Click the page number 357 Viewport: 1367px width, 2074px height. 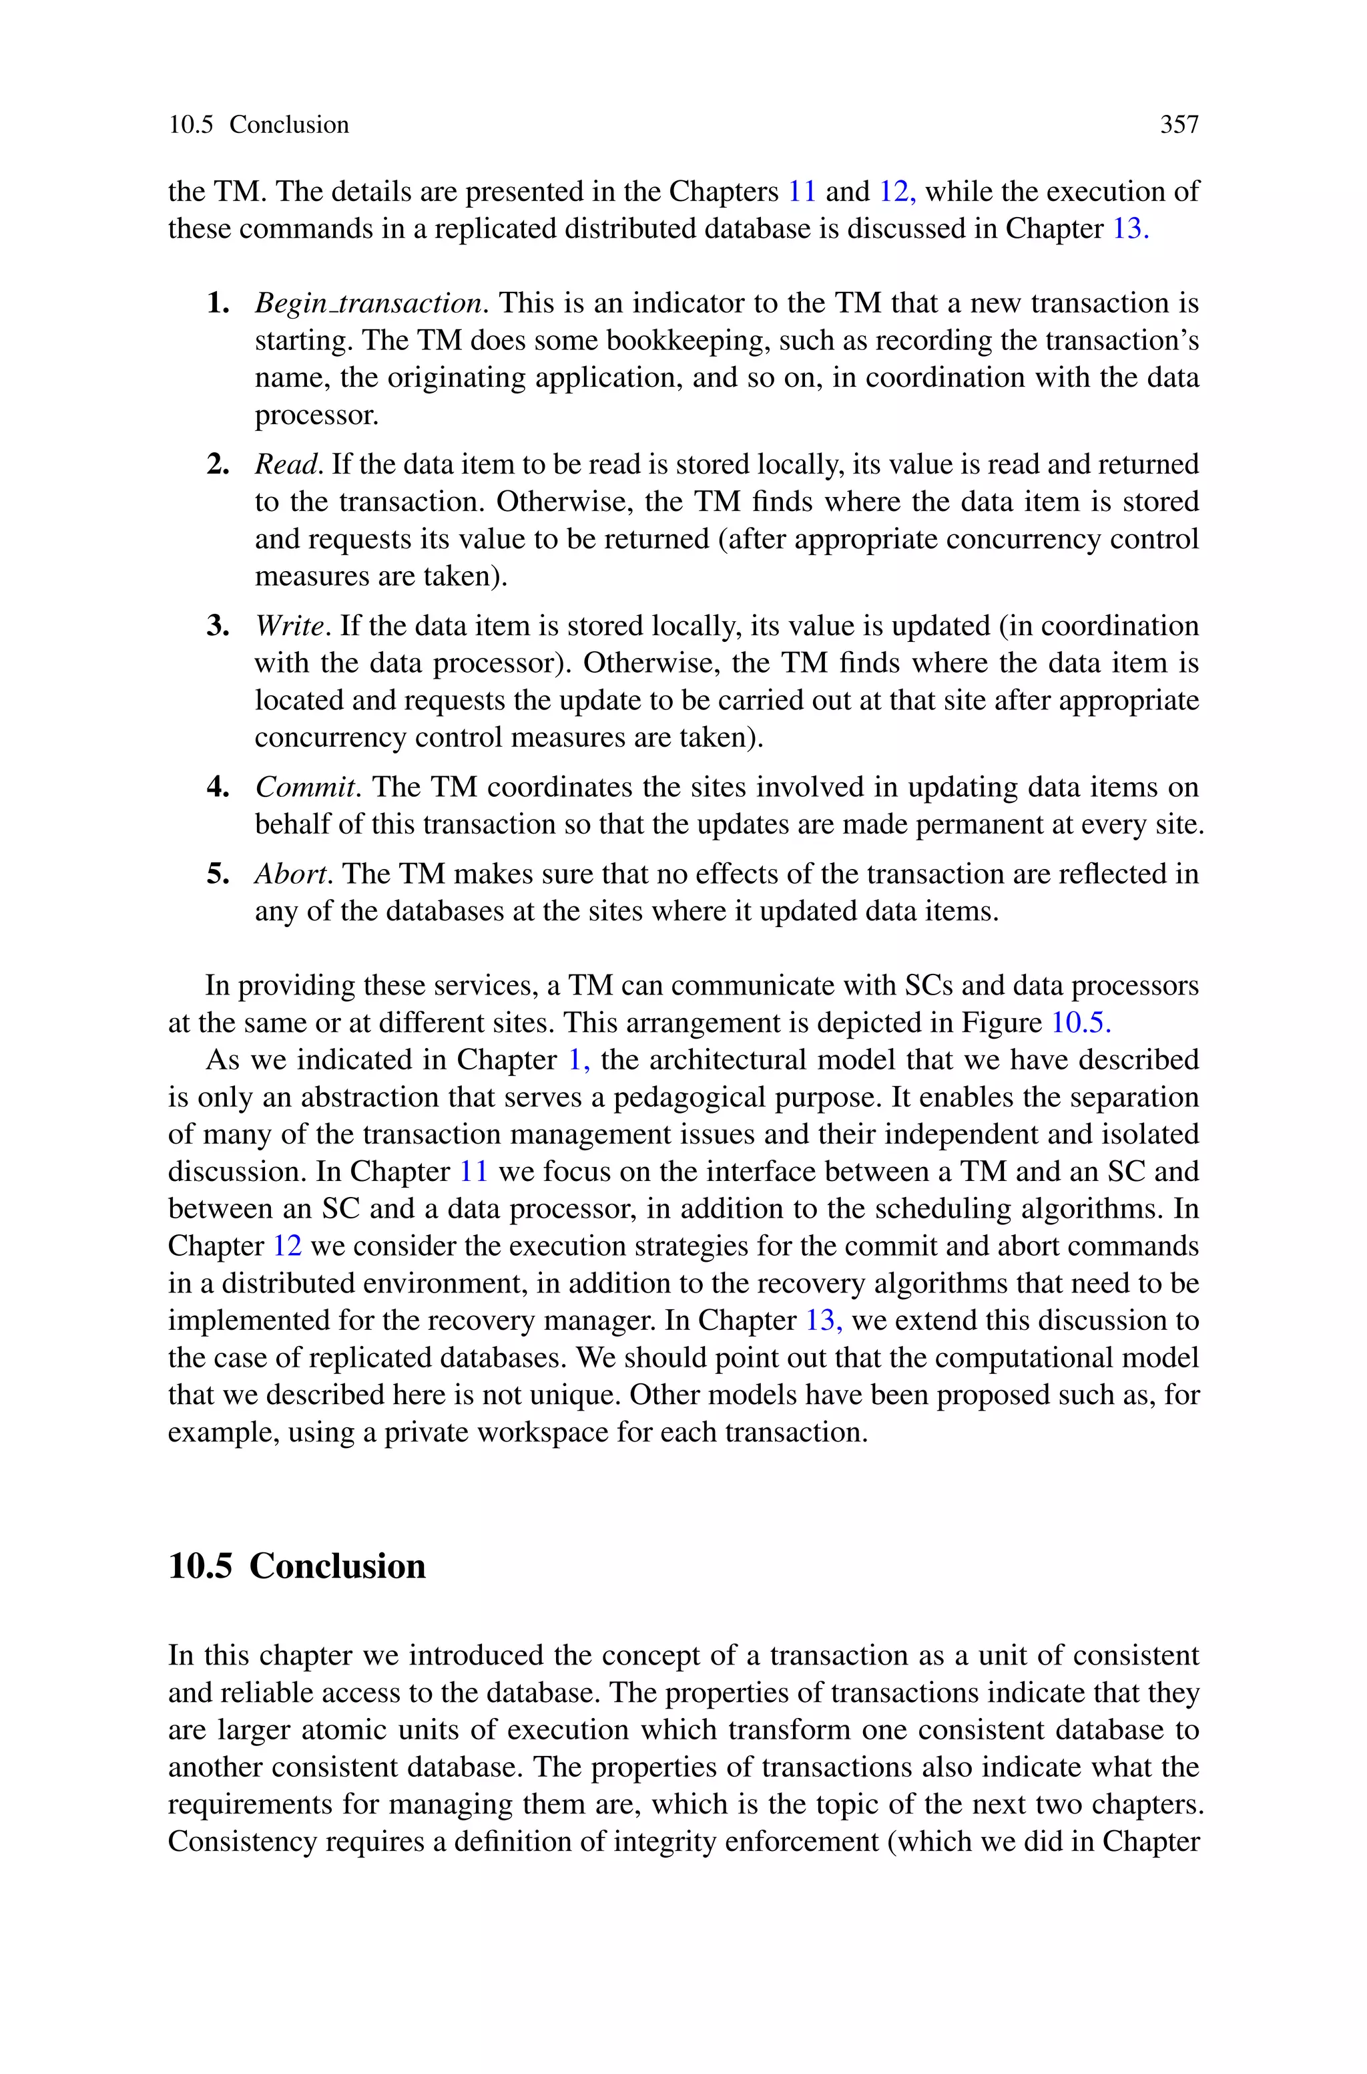coord(1179,125)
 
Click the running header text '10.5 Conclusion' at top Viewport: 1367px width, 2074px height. coord(258,125)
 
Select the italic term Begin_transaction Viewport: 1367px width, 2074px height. coord(367,303)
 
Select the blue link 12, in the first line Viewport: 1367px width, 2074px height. coord(896,191)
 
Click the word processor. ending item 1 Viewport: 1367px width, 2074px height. coord(316,415)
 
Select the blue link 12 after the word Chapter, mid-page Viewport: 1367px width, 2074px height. coord(287,1246)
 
